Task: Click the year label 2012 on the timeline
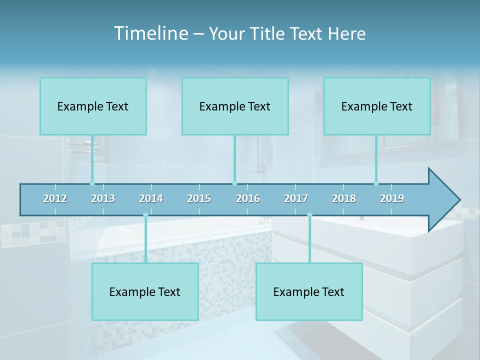pyautogui.click(x=55, y=198)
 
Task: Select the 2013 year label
pyautogui.click(x=103, y=198)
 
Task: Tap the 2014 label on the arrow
pyautogui.click(x=151, y=198)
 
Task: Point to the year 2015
pyautogui.click(x=199, y=198)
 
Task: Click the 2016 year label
pyautogui.click(x=248, y=198)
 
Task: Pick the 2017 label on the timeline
pyautogui.click(x=296, y=198)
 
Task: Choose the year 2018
pyautogui.click(x=344, y=198)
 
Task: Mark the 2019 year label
pyautogui.click(x=392, y=198)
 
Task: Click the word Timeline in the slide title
pyautogui.click(x=150, y=33)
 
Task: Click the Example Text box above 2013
pyautogui.click(x=93, y=106)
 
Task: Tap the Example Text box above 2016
pyautogui.click(x=235, y=106)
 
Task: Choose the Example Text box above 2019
pyautogui.click(x=377, y=106)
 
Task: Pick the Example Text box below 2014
pyautogui.click(x=145, y=291)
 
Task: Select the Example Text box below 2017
pyautogui.click(x=309, y=291)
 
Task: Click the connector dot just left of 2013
pyautogui.click(x=92, y=183)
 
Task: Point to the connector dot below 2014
pyautogui.click(x=145, y=215)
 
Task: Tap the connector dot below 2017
pyautogui.click(x=309, y=215)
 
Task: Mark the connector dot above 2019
pyautogui.click(x=376, y=183)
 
